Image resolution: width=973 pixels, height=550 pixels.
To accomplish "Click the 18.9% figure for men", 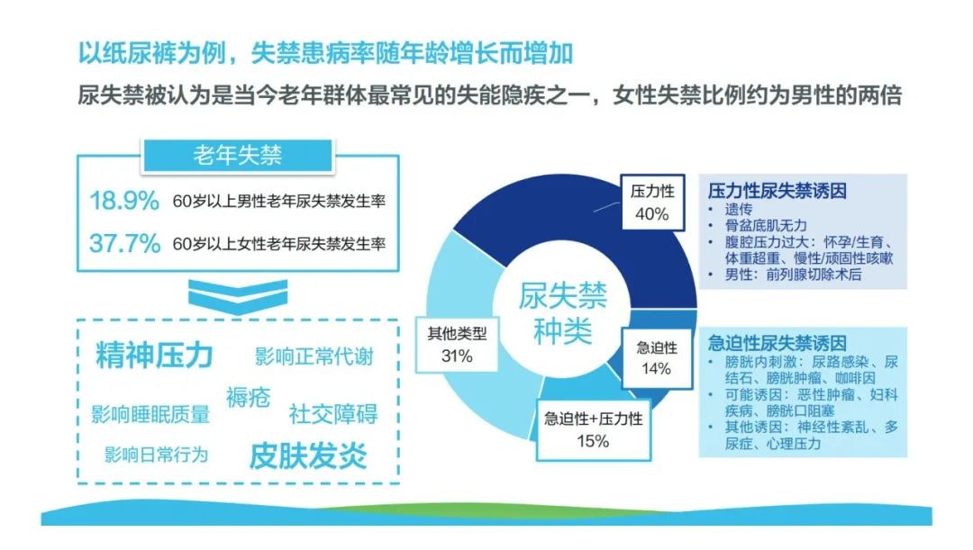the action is coord(124,200).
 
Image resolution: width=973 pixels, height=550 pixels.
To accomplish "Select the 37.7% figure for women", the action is coord(124,243).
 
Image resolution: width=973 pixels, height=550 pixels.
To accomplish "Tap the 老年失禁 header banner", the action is coord(238,155).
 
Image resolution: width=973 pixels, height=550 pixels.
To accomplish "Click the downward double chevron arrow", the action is coord(238,296).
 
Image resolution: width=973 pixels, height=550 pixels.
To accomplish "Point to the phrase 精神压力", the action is coord(155,356).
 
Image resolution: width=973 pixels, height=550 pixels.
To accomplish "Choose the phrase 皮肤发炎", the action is coord(308,455).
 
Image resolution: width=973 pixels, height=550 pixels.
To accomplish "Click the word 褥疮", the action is coord(249,397).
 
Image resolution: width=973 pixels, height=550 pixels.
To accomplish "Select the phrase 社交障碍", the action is coord(333,413).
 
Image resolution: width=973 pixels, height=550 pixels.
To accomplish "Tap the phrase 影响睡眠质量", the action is coord(150,414).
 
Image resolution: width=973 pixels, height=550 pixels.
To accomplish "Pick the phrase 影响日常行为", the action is coord(157,455).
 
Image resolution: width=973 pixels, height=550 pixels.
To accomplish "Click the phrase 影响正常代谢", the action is coord(314,356).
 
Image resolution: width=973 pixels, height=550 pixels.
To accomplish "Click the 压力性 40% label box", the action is coord(653,203).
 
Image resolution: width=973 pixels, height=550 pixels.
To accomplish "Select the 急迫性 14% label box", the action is coord(657,357).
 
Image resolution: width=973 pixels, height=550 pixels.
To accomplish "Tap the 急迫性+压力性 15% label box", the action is coord(593,429).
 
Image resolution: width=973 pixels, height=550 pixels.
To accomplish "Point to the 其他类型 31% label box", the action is coord(457,344).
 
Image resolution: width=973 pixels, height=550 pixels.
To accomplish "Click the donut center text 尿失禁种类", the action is coord(563,313).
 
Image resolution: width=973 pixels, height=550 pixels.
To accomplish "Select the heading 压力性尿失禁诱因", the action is coord(777,190).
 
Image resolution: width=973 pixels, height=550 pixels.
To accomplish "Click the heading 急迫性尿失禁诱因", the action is coord(777,343).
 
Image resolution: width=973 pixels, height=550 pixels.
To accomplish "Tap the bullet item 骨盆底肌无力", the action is coord(766,225).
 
